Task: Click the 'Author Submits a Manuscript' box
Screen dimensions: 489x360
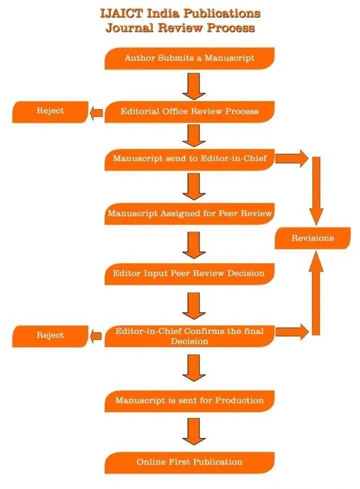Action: point(189,58)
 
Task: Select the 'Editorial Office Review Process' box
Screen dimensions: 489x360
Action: point(189,111)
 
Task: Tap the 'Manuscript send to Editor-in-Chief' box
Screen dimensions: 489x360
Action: point(189,159)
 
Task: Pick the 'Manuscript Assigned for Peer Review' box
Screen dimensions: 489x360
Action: point(189,213)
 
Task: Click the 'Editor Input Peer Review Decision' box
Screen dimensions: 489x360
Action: point(189,273)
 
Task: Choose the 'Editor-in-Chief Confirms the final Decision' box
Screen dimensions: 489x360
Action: point(189,336)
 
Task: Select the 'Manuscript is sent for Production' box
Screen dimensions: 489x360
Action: point(189,400)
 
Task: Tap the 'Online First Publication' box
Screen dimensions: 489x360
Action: point(189,462)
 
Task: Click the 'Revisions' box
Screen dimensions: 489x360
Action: point(312,238)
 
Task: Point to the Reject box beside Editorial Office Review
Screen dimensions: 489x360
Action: point(50,111)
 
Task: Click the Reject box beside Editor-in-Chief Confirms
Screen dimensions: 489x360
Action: point(50,335)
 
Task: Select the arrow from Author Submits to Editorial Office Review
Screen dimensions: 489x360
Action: point(194,85)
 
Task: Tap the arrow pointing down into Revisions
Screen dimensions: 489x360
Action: point(315,190)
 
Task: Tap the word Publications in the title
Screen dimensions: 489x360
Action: point(222,12)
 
